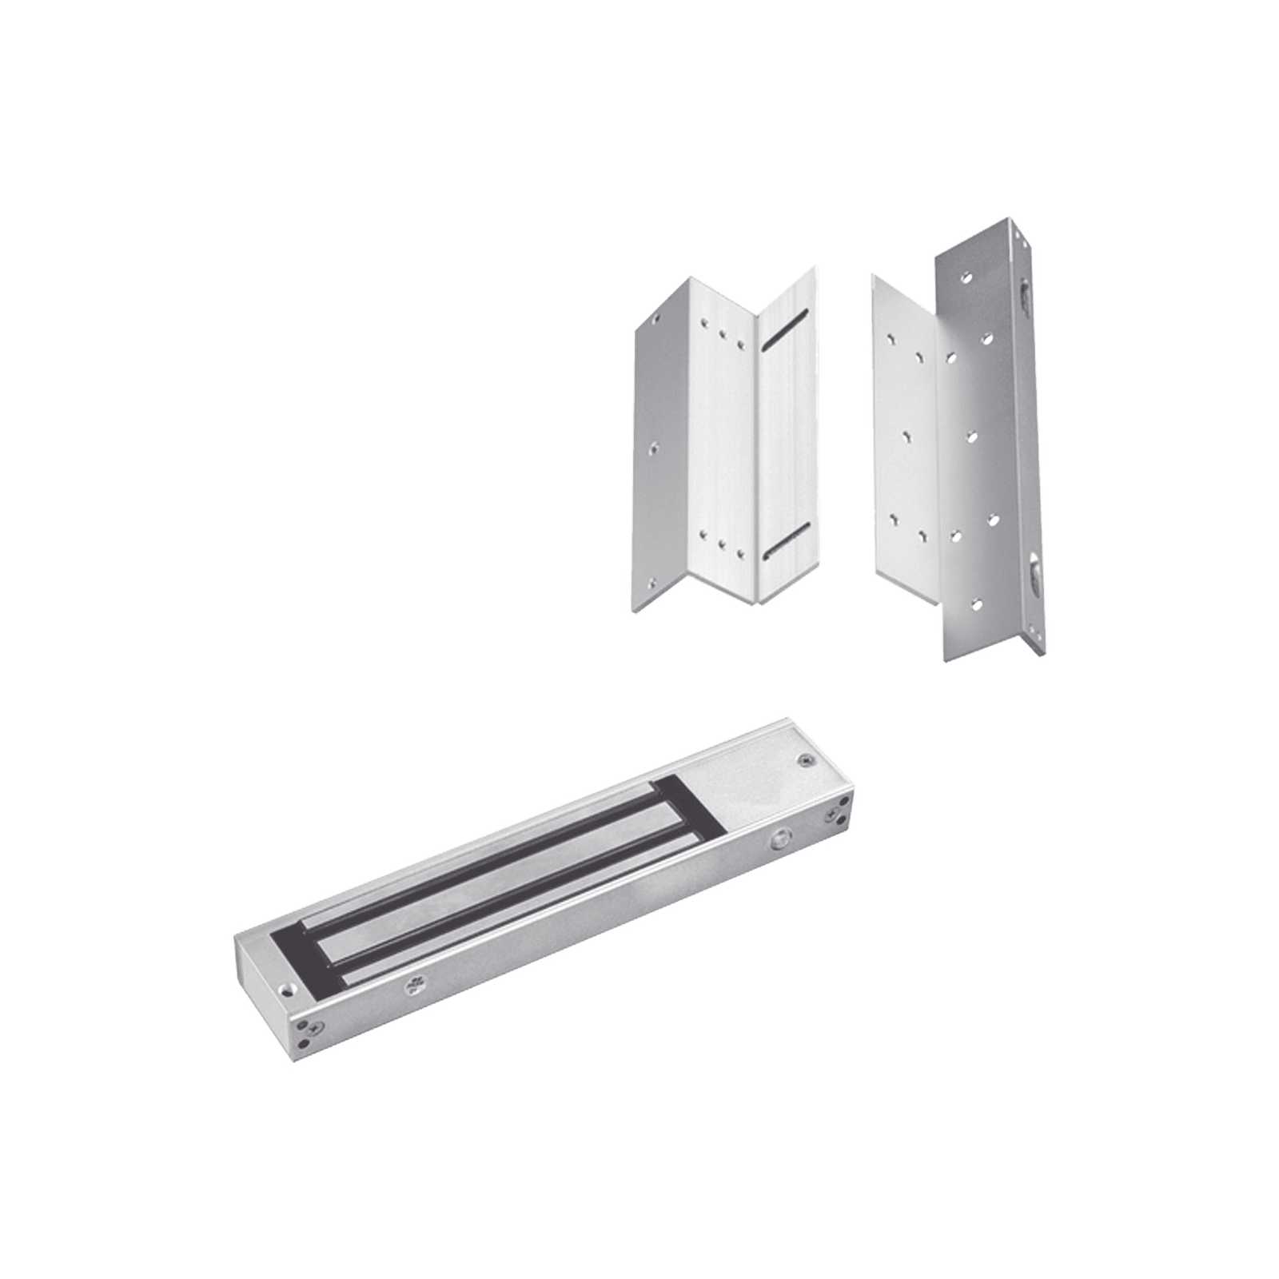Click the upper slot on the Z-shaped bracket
coord(783,331)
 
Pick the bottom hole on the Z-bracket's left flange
coord(656,583)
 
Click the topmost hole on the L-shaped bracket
coord(968,281)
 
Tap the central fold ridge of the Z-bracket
coord(754,448)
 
